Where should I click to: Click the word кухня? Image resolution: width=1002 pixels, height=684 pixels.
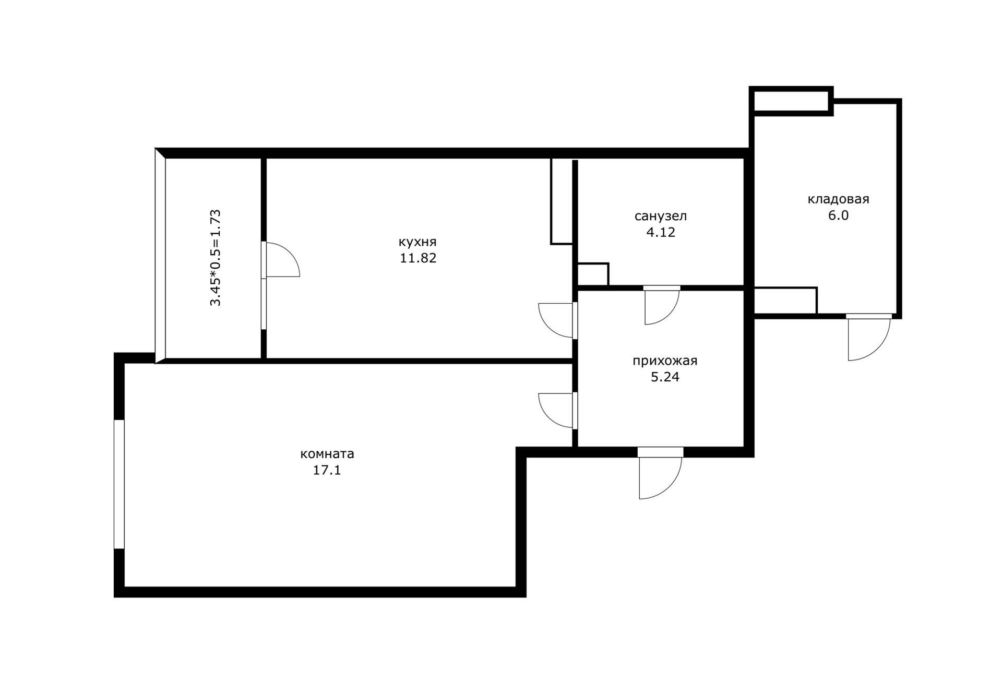[417, 242]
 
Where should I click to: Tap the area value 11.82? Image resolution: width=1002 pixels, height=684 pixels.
[418, 258]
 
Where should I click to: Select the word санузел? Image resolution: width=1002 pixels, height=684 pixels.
[661, 216]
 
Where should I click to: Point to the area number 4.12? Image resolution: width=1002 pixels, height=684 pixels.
[661, 232]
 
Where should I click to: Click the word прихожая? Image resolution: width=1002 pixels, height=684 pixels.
[665, 361]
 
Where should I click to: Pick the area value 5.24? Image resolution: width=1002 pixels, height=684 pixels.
[665, 377]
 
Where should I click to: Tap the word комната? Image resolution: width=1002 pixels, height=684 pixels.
[327, 454]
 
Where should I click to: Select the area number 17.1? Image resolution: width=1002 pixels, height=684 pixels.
[327, 470]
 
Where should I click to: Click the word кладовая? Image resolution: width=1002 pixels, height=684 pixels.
[839, 199]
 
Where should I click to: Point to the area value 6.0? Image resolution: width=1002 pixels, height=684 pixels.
[839, 215]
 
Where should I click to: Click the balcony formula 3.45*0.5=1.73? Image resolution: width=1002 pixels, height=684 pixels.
[216, 258]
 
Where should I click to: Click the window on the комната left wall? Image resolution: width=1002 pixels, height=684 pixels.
[119, 484]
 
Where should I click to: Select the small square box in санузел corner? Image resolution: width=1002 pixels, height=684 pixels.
[593, 274]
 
